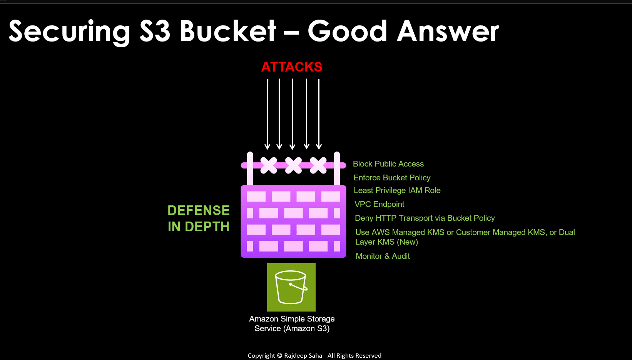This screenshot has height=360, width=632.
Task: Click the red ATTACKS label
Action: click(x=292, y=67)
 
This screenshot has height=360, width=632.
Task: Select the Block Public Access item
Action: click(x=388, y=164)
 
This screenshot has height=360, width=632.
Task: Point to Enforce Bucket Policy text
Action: click(x=392, y=178)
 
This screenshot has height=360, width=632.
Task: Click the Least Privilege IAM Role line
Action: click(x=397, y=190)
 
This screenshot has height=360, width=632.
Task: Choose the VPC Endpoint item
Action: click(x=379, y=204)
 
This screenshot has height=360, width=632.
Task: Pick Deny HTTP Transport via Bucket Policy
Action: click(x=425, y=218)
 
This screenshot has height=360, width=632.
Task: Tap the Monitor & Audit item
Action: click(x=383, y=256)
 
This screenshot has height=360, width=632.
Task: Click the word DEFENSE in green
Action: click(x=199, y=210)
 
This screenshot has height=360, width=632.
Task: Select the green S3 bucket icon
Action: click(x=291, y=287)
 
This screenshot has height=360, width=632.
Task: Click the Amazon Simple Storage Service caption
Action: click(x=292, y=323)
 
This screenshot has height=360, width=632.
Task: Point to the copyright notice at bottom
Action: click(x=314, y=355)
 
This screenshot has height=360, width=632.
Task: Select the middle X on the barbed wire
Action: click(x=293, y=165)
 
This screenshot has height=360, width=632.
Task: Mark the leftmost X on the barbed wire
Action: click(x=269, y=165)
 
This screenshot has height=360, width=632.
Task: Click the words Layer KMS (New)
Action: click(x=386, y=242)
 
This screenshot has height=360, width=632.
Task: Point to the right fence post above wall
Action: click(x=337, y=168)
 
